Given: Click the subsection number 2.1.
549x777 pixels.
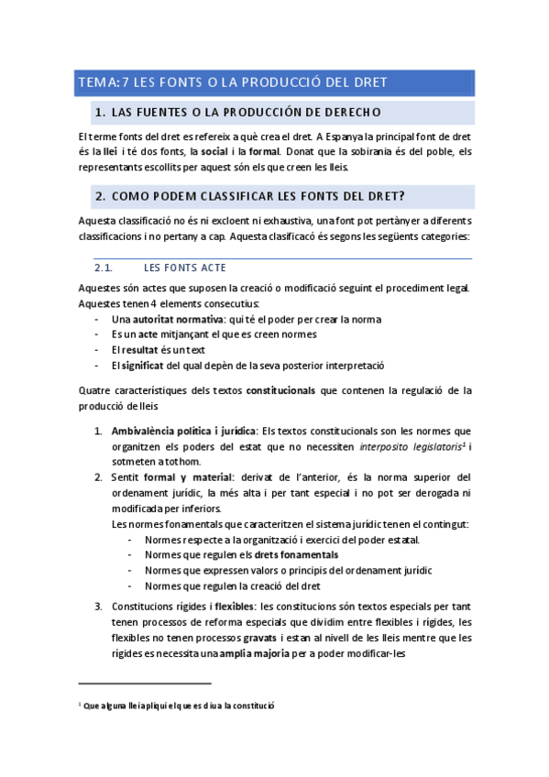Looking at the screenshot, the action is pos(103,268).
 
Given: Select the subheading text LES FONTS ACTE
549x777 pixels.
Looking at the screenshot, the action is pos(185,268).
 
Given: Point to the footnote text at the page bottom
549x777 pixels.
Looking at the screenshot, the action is pos(179,706).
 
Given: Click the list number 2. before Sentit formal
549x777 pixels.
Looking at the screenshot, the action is pos(98,477).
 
